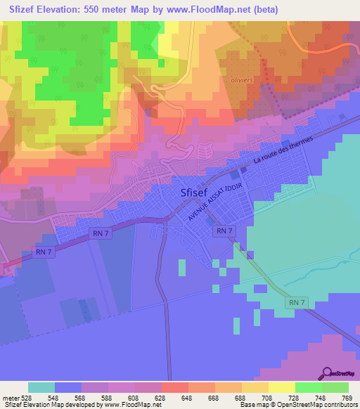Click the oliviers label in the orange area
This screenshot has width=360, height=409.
[241, 80]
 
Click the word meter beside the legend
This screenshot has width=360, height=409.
[8, 398]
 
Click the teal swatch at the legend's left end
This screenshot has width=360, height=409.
[41, 387]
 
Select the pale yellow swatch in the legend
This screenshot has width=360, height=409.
[281, 387]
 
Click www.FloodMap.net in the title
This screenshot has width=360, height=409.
[212, 10]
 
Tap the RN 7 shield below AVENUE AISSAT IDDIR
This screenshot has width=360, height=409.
[224, 231]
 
